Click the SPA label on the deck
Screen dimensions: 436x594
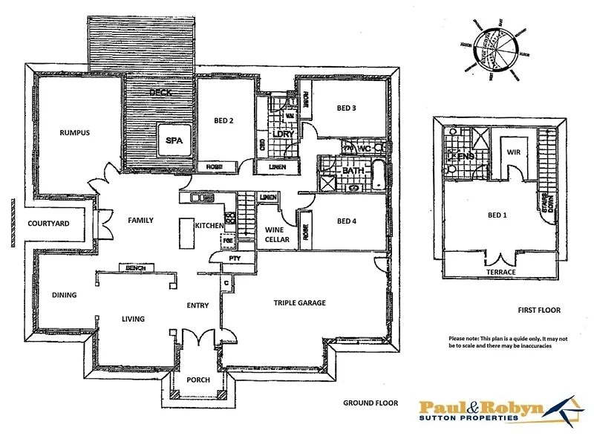pyautogui.click(x=174, y=139)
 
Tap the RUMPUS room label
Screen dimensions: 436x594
pyautogui.click(x=74, y=133)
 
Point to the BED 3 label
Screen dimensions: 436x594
pyautogui.click(x=347, y=108)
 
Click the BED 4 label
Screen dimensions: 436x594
pyautogui.click(x=347, y=221)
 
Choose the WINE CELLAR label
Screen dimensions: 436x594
pyautogui.click(x=275, y=235)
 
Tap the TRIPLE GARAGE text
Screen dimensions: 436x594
pyautogui.click(x=299, y=302)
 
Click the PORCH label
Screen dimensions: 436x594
pyautogui.click(x=198, y=380)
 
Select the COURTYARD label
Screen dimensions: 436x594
pyautogui.click(x=48, y=223)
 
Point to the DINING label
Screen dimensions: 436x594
pyautogui.click(x=64, y=295)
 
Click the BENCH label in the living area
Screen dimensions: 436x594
pyautogui.click(x=135, y=268)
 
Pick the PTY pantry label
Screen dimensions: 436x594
pyautogui.click(x=235, y=258)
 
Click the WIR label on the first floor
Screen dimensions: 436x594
pyautogui.click(x=513, y=152)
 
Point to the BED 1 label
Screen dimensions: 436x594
pyautogui.click(x=497, y=215)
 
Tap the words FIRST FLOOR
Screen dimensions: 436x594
pyautogui.click(x=539, y=310)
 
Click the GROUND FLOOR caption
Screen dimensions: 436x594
pyautogui.click(x=370, y=403)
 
